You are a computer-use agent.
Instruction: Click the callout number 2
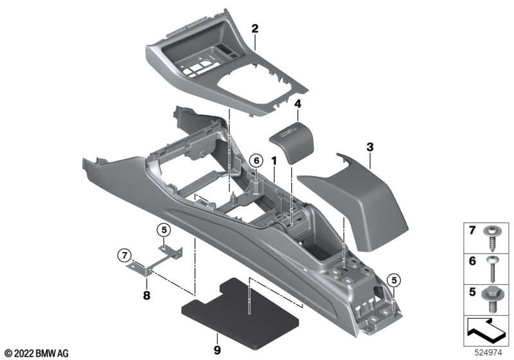255,28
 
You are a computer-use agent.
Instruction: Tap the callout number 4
297,104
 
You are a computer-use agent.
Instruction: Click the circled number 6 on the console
255,159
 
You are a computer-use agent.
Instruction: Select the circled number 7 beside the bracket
122,257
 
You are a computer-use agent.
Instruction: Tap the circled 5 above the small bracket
164,230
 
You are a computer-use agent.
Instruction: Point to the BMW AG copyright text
36,353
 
